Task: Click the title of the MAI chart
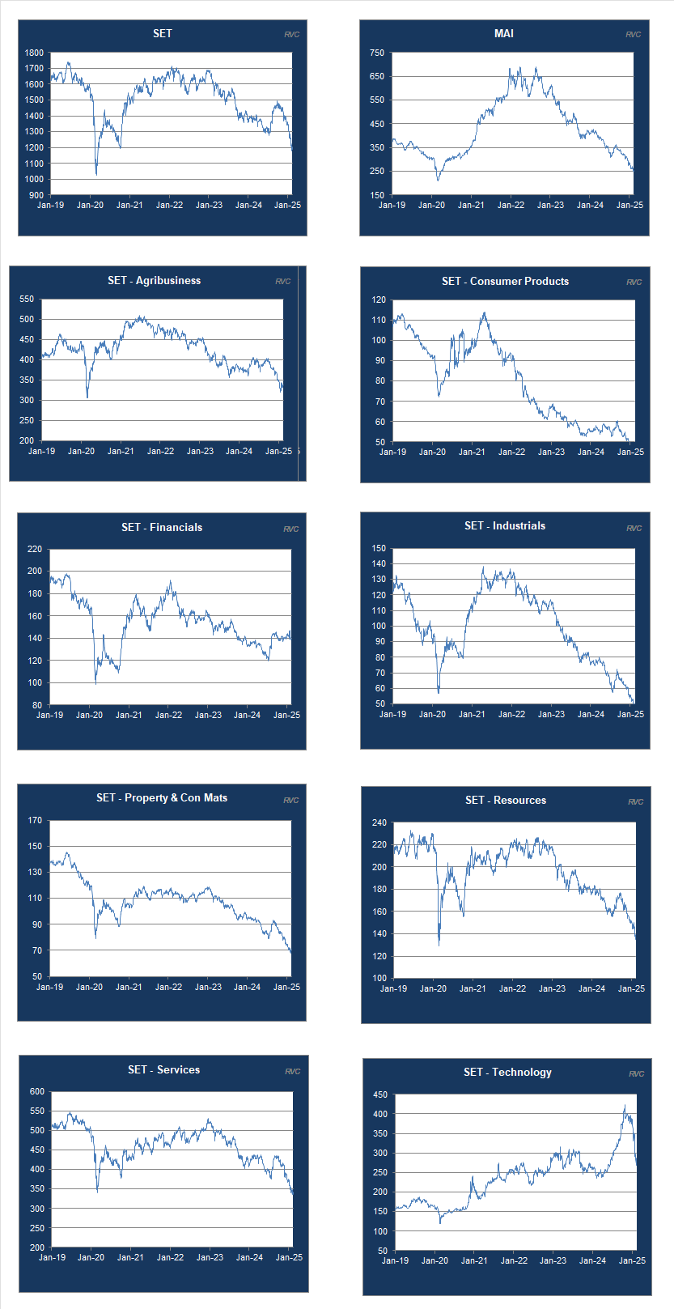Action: tap(503, 33)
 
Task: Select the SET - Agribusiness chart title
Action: tap(154, 280)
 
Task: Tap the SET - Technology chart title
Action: tap(507, 1072)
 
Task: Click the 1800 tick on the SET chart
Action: tap(34, 53)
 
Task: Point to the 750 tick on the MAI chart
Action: tap(377, 53)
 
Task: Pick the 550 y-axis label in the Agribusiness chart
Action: tap(27, 299)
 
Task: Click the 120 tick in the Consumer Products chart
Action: tap(379, 300)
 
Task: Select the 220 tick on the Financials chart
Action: tap(35, 549)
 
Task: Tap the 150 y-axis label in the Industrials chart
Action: tap(379, 548)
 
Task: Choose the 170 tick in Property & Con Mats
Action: tap(35, 820)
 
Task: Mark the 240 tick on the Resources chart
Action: tap(379, 822)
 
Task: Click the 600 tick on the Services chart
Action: tap(37, 1091)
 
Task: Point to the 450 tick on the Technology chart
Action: tap(379, 1094)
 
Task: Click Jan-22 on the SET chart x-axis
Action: tap(169, 205)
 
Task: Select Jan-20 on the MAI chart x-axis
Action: tap(431, 205)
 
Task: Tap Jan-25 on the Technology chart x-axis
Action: tap(632, 1260)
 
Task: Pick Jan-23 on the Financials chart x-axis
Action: tap(208, 715)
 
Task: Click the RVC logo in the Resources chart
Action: tap(635, 801)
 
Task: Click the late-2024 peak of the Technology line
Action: tap(625, 1106)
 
